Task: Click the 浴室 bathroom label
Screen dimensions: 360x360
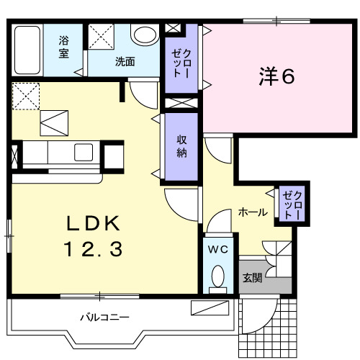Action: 65,48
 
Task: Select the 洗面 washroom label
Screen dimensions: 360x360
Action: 125,61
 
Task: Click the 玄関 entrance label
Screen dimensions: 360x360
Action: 251,278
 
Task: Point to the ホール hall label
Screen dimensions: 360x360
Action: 253,212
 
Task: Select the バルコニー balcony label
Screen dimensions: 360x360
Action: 104,316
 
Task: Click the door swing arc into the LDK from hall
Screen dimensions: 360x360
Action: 178,202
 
